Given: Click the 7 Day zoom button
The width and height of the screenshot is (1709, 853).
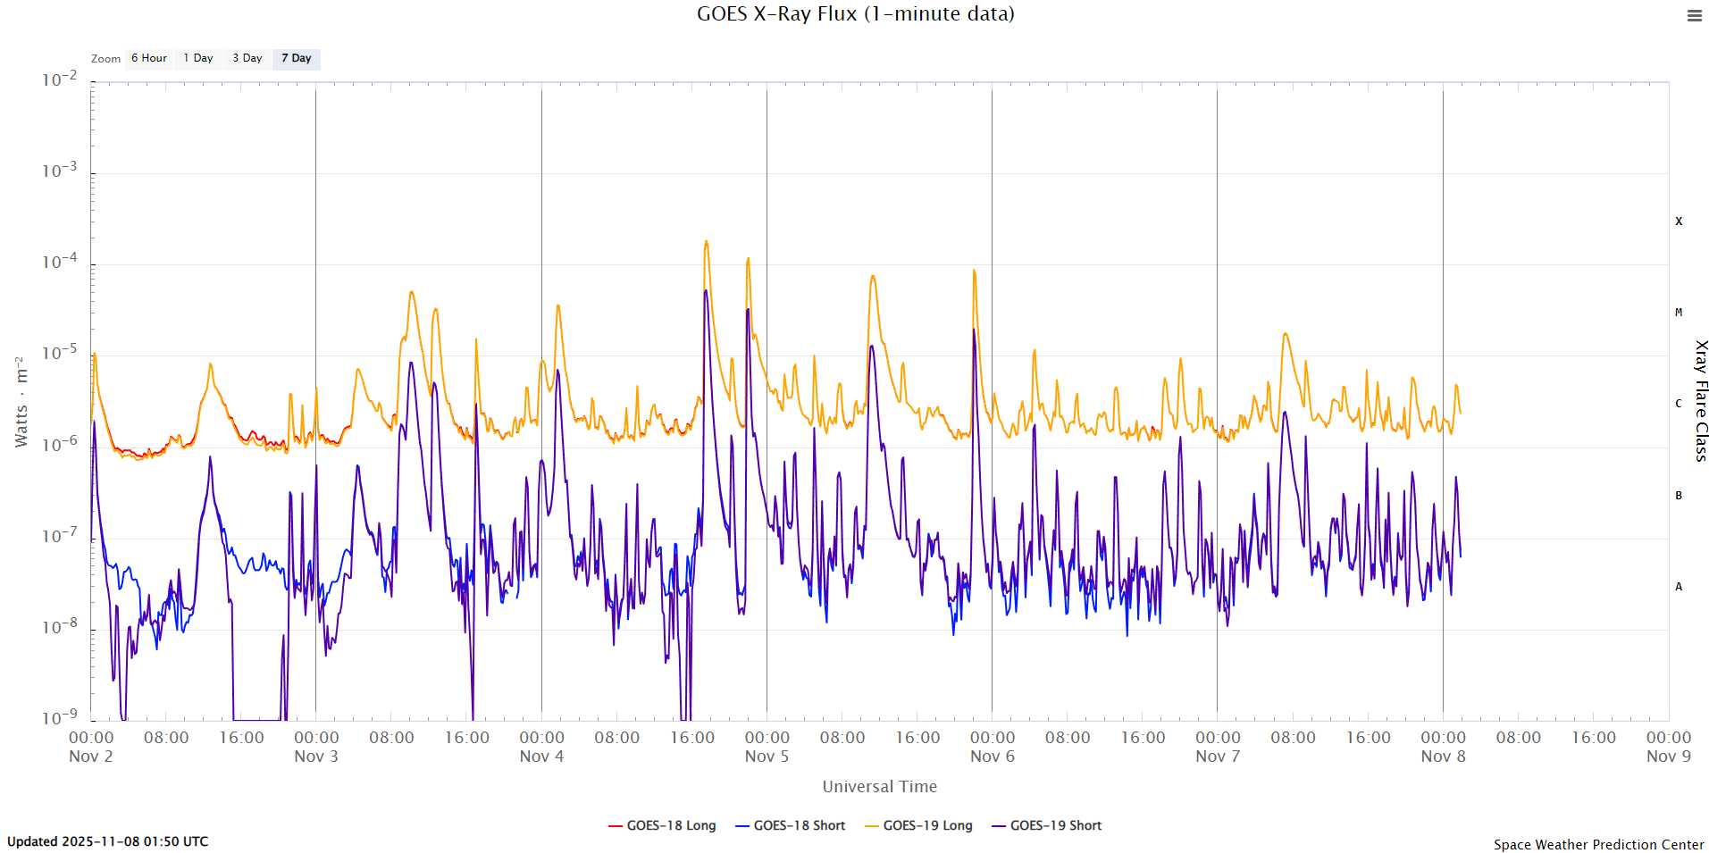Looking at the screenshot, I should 297,59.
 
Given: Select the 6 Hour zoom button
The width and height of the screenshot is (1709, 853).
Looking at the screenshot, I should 149,59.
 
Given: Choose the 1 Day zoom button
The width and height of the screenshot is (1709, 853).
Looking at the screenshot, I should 198,59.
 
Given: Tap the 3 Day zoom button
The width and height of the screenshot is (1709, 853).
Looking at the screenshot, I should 247,59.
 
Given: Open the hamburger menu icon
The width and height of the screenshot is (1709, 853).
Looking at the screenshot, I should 1694,16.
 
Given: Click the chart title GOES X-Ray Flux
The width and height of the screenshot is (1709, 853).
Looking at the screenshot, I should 855,14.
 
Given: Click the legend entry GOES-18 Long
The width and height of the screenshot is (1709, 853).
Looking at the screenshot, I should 662,826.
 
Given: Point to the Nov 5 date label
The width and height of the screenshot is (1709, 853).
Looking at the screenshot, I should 767,757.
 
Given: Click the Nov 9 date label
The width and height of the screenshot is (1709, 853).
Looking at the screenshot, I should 1668,757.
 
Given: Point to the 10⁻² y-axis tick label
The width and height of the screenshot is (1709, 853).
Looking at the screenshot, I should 60,80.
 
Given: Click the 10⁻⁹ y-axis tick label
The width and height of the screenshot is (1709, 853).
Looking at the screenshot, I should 60,717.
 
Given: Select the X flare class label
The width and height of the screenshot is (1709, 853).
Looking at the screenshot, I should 1679,222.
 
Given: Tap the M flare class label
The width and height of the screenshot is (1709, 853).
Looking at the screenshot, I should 1679,313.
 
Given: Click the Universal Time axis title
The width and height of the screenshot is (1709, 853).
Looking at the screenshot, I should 879,787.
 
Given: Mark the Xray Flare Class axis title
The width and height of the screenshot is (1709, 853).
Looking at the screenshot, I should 1701,400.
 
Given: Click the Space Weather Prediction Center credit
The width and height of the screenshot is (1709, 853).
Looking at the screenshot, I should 1598,845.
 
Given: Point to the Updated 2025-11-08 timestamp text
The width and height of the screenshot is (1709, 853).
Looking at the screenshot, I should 108,841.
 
